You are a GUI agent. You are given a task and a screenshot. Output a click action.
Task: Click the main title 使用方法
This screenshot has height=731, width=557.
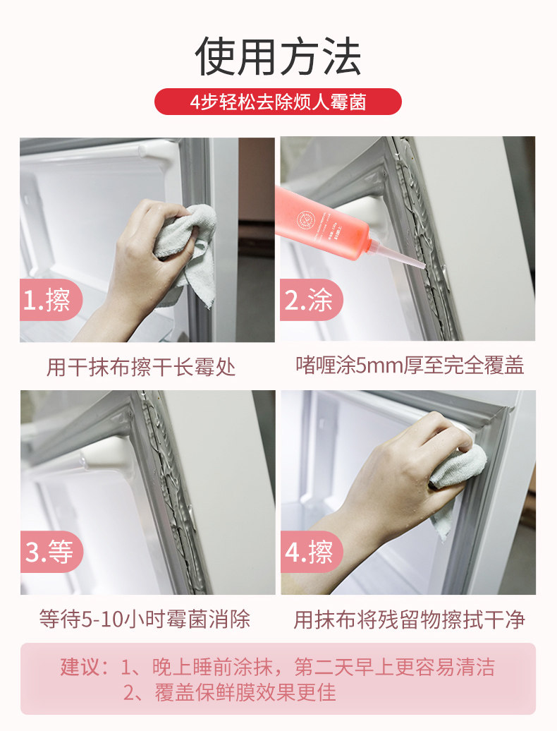click(x=278, y=56)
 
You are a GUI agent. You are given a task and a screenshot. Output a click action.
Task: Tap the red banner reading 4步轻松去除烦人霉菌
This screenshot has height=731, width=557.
click(x=278, y=102)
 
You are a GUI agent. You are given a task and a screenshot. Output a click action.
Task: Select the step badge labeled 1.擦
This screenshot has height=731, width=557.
click(x=50, y=300)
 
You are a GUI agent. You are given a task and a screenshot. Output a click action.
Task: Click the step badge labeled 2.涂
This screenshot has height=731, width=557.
click(x=311, y=300)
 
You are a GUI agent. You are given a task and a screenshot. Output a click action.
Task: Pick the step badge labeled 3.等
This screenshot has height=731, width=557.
click(x=51, y=552)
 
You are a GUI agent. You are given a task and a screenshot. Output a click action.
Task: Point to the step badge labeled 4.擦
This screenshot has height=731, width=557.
click(x=312, y=552)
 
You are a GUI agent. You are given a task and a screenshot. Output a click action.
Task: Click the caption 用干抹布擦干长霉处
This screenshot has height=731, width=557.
click(x=140, y=367)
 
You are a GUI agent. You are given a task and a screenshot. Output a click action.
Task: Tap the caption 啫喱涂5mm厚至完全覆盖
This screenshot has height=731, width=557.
click(x=410, y=365)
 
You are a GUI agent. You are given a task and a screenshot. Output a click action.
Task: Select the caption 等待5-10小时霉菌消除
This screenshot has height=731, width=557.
click(x=145, y=619)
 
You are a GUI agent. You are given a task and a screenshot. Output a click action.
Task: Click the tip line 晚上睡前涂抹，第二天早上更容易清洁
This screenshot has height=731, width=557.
click(x=307, y=667)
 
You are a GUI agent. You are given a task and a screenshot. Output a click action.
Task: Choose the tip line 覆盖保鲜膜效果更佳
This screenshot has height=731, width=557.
click(x=230, y=693)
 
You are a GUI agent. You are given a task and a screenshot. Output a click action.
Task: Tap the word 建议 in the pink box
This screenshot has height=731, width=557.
click(x=80, y=667)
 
